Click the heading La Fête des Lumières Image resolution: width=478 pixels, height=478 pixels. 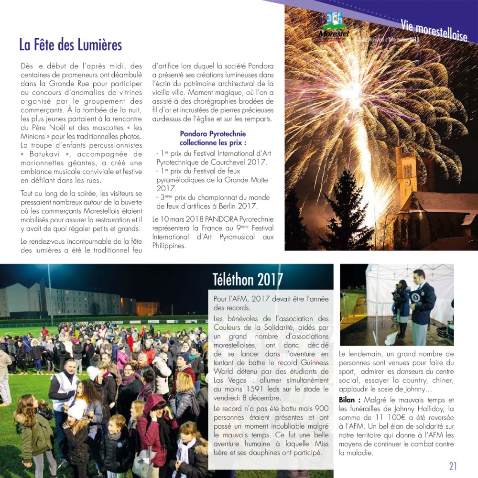coord(71,45)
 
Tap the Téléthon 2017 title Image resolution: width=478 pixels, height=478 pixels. coord(248,279)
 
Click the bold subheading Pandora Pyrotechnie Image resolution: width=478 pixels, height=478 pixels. coord(213,134)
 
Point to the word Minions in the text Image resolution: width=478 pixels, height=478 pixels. coord(38,137)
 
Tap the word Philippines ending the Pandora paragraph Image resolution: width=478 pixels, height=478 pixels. coord(169,246)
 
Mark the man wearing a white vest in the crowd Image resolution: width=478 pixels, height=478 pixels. coord(64,390)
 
